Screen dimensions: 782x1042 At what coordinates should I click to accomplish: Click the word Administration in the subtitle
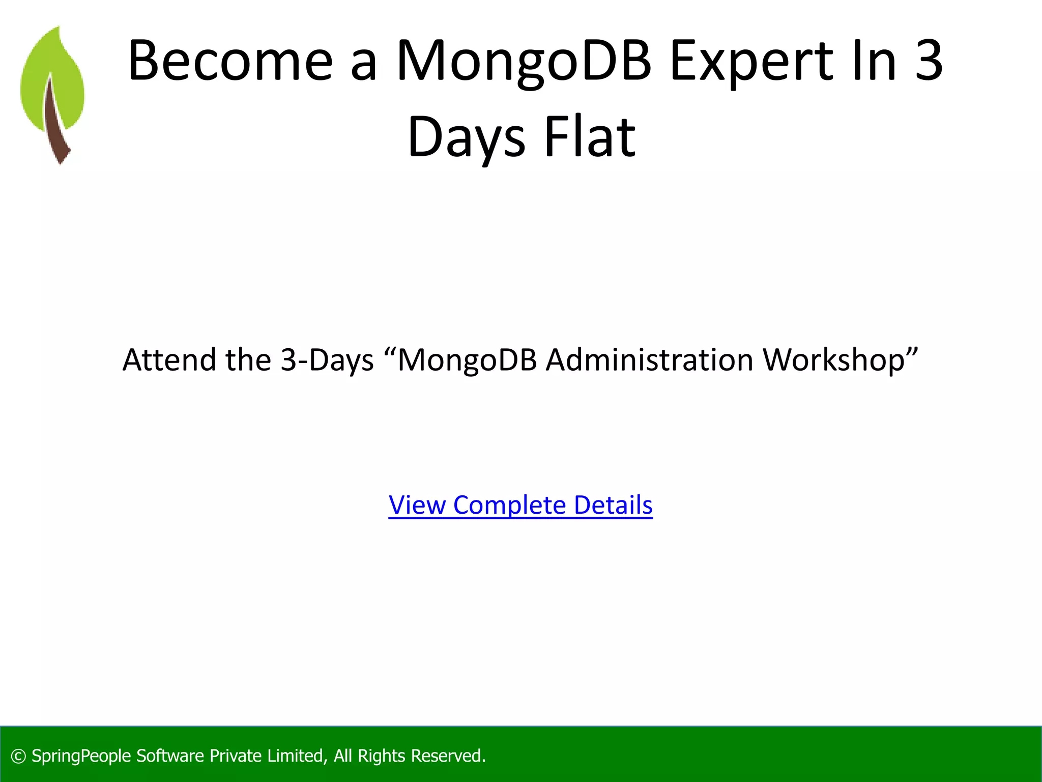coord(649,360)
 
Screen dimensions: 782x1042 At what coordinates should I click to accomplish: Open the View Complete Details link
coord(520,505)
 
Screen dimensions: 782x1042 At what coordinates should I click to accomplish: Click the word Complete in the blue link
coord(509,505)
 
